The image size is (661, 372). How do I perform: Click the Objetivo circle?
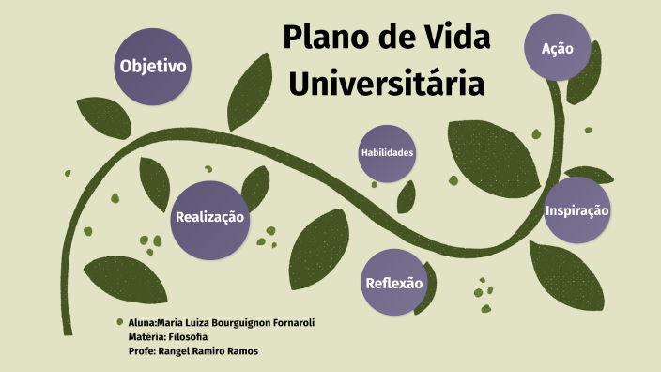click(x=153, y=67)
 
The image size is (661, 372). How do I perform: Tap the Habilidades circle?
click(x=387, y=152)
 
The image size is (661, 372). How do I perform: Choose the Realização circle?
click(x=209, y=218)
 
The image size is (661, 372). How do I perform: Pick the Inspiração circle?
click(x=577, y=210)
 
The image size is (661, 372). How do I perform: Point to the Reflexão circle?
click(x=393, y=283)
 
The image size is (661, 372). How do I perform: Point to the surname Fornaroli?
click(x=284, y=322)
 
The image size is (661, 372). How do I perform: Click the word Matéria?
click(x=146, y=336)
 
